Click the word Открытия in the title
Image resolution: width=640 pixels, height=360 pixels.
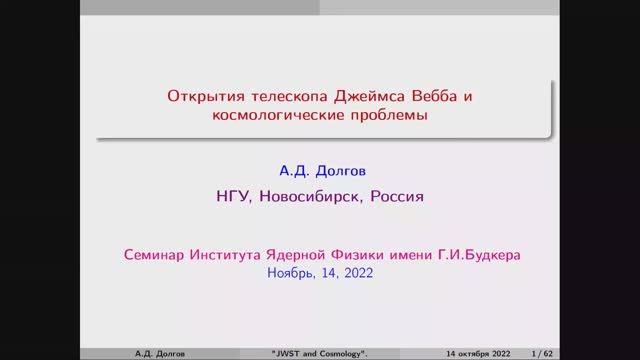pyautogui.click(x=201, y=98)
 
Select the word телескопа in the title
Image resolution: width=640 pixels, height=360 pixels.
pyautogui.click(x=276, y=98)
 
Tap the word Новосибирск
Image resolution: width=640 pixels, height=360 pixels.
pyautogui.click(x=310, y=196)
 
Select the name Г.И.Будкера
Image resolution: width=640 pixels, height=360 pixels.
pyautogui.click(x=484, y=254)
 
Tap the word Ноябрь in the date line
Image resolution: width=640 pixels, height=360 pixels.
pyautogui.click(x=289, y=272)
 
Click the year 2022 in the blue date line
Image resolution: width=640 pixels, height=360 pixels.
pyautogui.click(x=355, y=272)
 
